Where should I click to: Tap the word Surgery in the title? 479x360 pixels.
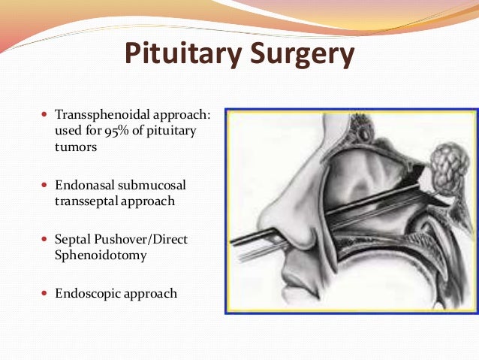coord(297,55)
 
